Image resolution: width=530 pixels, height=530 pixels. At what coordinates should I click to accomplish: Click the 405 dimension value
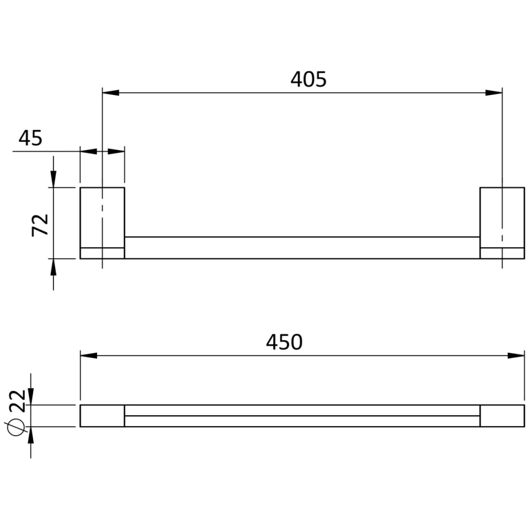[309, 79]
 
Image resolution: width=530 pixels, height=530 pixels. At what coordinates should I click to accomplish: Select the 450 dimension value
[284, 342]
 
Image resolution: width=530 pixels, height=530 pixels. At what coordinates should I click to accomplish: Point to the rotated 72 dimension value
[41, 225]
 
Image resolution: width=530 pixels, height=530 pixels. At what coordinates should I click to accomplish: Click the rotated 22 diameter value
[18, 400]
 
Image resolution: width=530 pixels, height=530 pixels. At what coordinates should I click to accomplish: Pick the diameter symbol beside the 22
[16, 427]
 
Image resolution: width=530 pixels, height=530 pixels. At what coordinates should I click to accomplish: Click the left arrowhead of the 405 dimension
[110, 92]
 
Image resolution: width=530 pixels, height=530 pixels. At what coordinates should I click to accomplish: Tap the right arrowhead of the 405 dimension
[494, 92]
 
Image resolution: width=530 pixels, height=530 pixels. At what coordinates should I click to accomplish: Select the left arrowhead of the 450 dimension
[89, 355]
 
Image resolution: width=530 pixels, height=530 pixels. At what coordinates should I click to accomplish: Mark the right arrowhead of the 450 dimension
[516, 355]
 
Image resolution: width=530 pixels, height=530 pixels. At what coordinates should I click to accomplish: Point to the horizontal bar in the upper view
[302, 247]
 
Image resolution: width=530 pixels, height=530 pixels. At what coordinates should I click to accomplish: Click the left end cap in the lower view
[102, 416]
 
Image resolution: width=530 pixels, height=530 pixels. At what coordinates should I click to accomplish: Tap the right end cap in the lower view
[502, 416]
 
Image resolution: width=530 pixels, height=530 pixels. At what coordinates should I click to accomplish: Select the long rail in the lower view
[302, 416]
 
